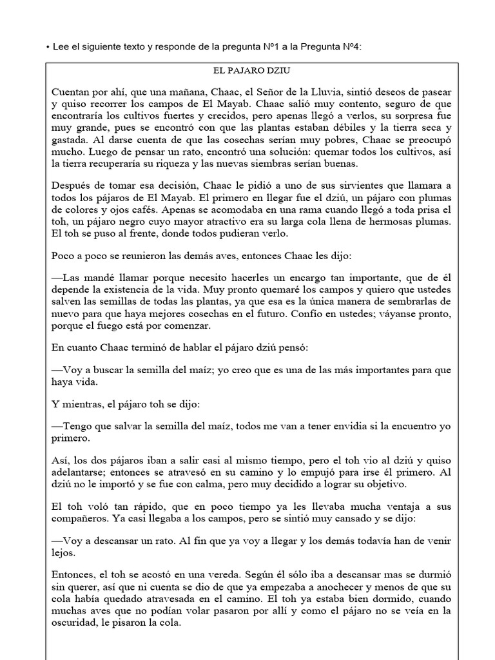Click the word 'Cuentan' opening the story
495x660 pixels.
pos(72,93)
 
